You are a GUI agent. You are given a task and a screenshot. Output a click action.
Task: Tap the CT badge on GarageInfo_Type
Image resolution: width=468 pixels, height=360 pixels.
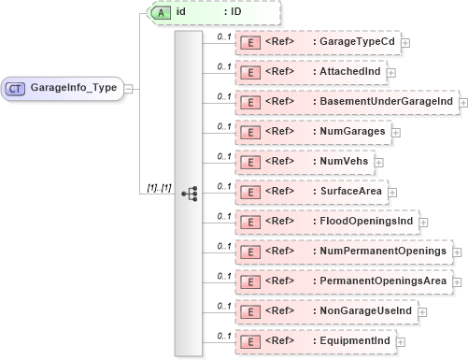coord(16,88)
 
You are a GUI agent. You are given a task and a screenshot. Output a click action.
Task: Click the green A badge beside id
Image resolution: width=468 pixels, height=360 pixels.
coord(160,14)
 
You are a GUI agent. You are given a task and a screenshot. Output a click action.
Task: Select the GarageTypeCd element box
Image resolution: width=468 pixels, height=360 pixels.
coord(316,42)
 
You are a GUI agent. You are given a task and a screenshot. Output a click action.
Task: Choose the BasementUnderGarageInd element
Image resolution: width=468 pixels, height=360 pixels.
coord(345,102)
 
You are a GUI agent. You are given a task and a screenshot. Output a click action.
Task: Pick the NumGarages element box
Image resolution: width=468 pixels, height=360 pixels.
coord(312,132)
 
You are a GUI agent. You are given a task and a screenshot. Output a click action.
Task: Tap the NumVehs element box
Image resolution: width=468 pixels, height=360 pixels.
coord(304,162)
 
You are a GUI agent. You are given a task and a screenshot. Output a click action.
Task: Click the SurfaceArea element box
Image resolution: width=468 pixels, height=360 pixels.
coord(310,192)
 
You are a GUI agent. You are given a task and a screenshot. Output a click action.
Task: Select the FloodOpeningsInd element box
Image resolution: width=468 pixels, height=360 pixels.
coord(325,222)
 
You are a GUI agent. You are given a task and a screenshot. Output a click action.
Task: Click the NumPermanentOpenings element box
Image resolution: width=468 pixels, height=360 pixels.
coord(341,252)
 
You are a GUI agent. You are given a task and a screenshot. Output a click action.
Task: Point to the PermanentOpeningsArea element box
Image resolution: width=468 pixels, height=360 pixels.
coord(343,281)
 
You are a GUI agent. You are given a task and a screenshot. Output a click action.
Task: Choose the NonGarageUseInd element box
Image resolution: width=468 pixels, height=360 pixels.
coord(324,311)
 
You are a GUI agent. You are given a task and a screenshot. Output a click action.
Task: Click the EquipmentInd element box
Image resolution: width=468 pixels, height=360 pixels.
coord(314,341)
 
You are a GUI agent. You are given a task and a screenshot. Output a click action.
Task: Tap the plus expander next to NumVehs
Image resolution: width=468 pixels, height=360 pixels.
coord(379,162)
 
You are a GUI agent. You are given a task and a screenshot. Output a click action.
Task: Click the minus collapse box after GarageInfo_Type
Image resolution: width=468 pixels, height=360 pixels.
coord(128,88)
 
